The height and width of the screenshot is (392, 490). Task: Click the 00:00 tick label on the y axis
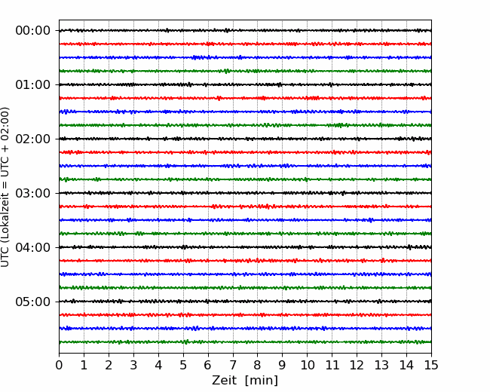pos(33,31)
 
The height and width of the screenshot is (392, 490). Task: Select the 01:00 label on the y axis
pos(33,84)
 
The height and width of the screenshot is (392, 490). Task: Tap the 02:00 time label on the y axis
pos(33,139)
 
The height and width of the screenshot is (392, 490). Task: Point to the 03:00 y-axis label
pos(33,193)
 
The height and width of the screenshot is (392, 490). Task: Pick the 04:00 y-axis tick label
pos(33,247)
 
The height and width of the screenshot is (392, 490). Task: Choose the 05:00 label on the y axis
pos(33,302)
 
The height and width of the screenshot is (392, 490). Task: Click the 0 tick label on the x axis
pos(59,365)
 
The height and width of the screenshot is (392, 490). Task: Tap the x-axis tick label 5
pos(183,365)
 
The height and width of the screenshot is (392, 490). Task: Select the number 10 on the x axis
pos(307,365)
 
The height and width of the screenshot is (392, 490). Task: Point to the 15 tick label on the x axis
pos(431,365)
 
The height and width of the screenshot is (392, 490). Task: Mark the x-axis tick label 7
pos(233,365)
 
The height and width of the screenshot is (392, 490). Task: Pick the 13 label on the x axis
pos(381,365)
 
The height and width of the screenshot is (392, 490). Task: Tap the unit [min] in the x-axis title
pos(262,381)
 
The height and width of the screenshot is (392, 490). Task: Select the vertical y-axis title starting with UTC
pos(5,187)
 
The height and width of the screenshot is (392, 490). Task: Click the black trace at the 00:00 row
pos(245,31)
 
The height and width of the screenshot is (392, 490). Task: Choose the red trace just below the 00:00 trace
pos(245,44)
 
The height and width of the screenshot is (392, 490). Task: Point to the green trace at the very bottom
pos(245,342)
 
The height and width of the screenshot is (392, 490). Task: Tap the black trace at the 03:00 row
pos(245,193)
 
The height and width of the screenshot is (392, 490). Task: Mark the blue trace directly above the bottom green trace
pos(245,329)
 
